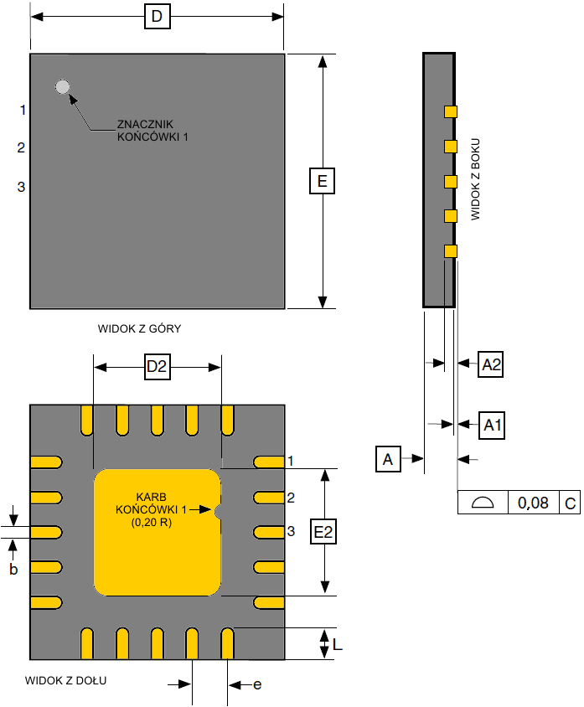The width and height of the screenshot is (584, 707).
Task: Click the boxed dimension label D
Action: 157,17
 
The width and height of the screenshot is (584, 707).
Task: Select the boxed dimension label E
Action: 323,181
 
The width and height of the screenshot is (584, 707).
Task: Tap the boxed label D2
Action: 158,367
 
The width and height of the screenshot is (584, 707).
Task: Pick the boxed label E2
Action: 323,531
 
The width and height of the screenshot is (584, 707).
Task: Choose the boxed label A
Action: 387,459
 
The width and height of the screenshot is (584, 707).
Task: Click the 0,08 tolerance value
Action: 533,503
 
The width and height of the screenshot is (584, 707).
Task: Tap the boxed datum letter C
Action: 570,503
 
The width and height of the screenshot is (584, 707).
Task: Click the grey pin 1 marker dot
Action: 62,86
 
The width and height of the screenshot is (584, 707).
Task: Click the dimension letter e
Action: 257,684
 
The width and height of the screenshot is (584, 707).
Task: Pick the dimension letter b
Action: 13,569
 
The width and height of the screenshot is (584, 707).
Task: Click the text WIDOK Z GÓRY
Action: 139,329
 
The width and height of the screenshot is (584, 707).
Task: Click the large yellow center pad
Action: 157,532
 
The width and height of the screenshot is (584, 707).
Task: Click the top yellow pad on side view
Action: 451,111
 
